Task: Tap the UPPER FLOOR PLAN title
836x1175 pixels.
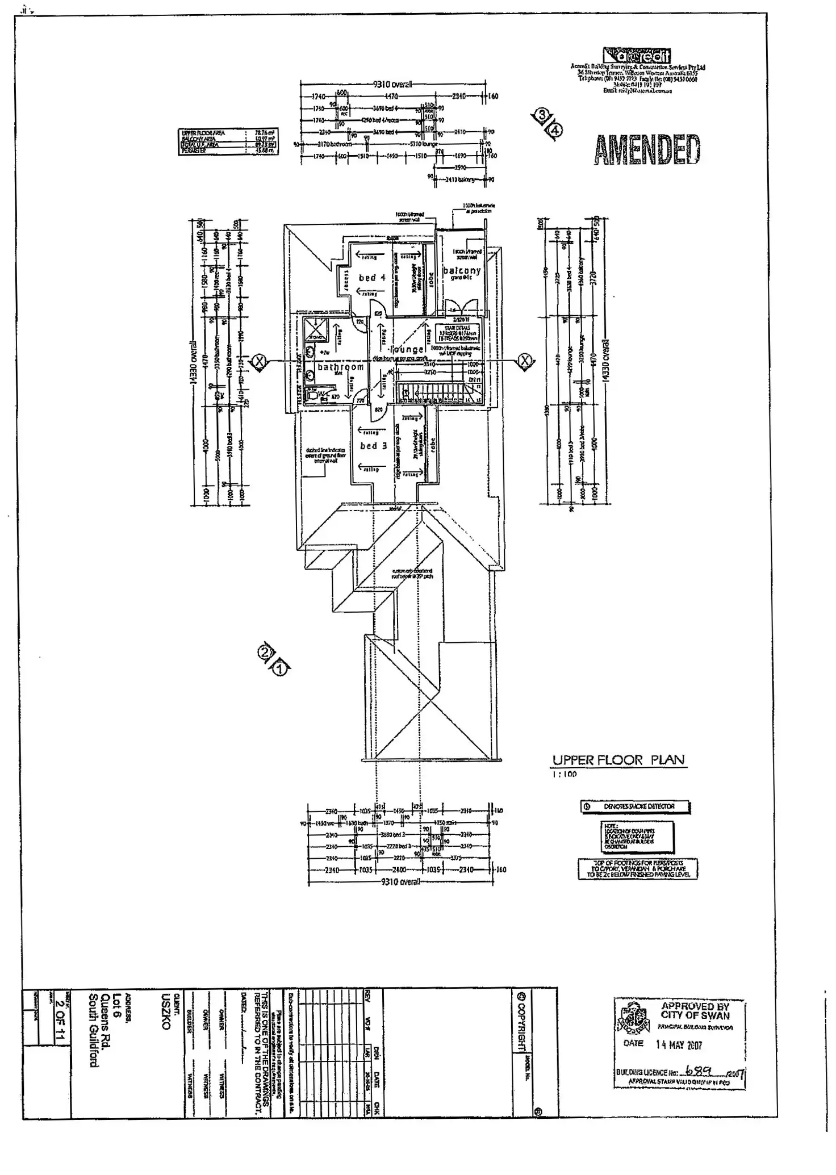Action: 618,760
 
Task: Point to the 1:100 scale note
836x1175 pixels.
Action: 564,774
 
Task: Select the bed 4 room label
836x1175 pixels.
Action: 372,278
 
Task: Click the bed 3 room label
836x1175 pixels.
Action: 373,446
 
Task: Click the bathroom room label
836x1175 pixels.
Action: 340,367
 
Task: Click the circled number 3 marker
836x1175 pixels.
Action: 542,115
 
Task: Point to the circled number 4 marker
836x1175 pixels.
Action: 555,130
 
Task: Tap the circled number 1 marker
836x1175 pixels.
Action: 279,669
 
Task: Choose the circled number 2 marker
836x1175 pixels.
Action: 265,653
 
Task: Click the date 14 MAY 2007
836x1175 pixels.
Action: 679,1045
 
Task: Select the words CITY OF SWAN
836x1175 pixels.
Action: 695,1015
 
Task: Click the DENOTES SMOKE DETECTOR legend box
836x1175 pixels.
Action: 635,806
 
